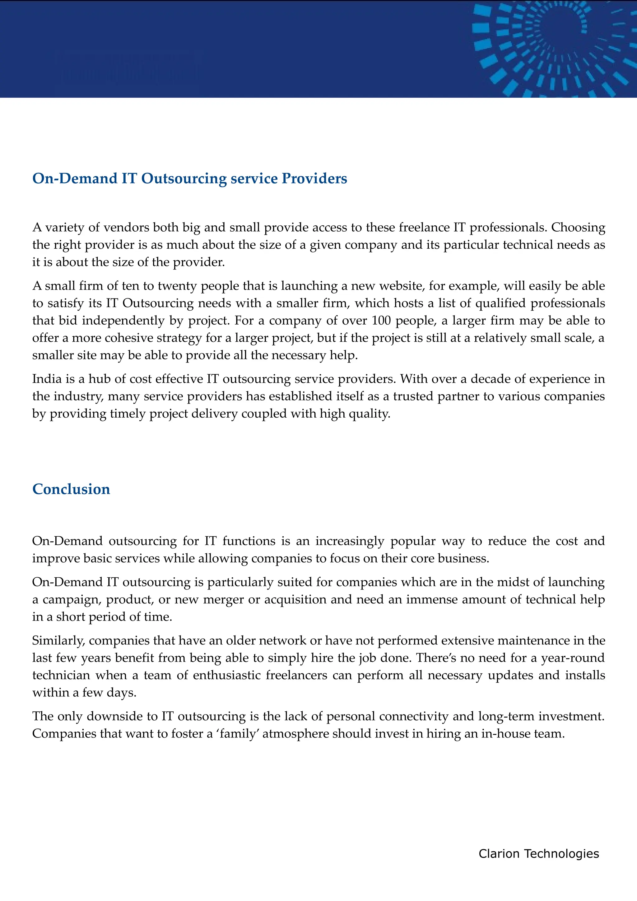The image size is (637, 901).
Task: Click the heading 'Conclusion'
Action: [71, 489]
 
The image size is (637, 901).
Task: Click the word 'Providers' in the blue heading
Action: [314, 178]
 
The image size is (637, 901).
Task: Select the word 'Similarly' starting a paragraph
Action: [58, 640]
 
